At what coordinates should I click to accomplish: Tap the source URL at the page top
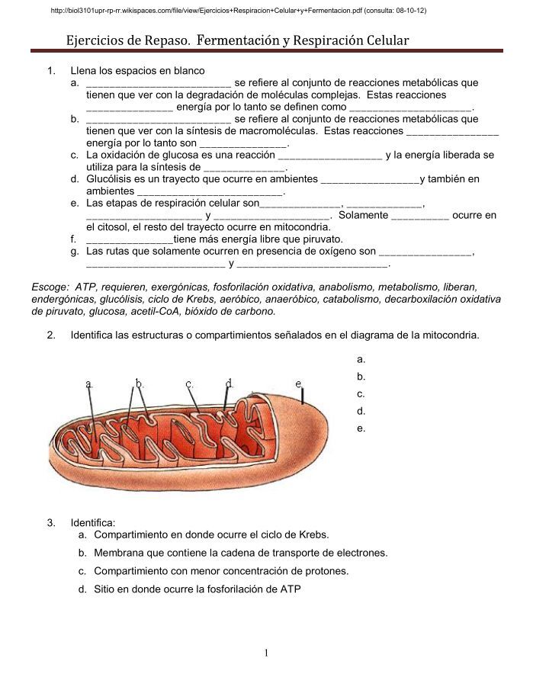tap(237, 11)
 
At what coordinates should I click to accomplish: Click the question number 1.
tap(51, 71)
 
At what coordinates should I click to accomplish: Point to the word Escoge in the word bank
tap(50, 287)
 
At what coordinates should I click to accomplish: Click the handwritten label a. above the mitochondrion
tap(90, 384)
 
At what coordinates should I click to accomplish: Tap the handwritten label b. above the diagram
tap(140, 384)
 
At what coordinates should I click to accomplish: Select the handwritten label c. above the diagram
tap(189, 384)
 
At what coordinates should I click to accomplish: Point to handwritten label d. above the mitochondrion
tap(230, 384)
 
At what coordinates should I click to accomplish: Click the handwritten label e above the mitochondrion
tap(299, 384)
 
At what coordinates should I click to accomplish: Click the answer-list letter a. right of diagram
tap(361, 359)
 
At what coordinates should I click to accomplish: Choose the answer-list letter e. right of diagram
tap(361, 428)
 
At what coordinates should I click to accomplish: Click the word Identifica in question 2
tap(95, 335)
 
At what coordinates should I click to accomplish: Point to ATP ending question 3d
tap(291, 589)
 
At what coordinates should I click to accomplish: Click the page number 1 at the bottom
tap(266, 653)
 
